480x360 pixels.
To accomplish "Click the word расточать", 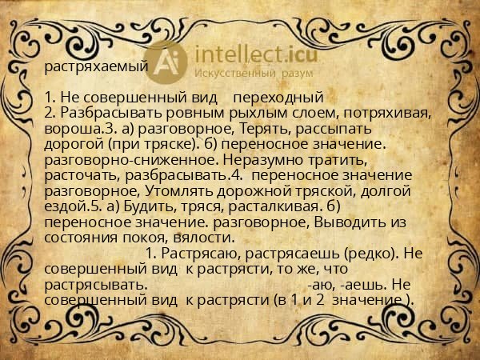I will [79, 174].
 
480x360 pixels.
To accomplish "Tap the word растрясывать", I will [96, 283].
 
